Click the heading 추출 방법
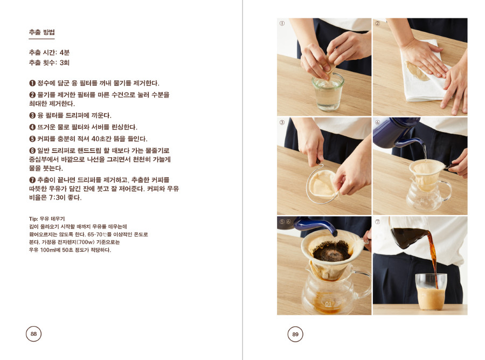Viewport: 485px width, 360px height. tap(41, 32)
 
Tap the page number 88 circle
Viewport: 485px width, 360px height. tap(33, 334)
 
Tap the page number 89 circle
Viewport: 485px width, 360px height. tap(295, 334)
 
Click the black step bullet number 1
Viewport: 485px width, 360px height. tap(32, 83)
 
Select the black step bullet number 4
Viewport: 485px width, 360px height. tap(32, 127)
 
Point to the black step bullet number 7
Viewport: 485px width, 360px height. tap(32, 180)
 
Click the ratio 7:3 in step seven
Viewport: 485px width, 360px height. tap(56, 198)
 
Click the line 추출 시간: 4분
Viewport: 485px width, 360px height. tap(49, 53)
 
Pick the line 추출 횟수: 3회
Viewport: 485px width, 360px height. tap(49, 63)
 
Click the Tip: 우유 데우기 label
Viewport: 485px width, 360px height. tap(47, 219)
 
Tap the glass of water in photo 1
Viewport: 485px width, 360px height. tap(327, 92)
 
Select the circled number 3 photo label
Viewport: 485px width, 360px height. tap(282, 122)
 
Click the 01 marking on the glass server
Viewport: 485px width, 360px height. tap(328, 304)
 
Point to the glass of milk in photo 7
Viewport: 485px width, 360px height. tap(431, 292)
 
